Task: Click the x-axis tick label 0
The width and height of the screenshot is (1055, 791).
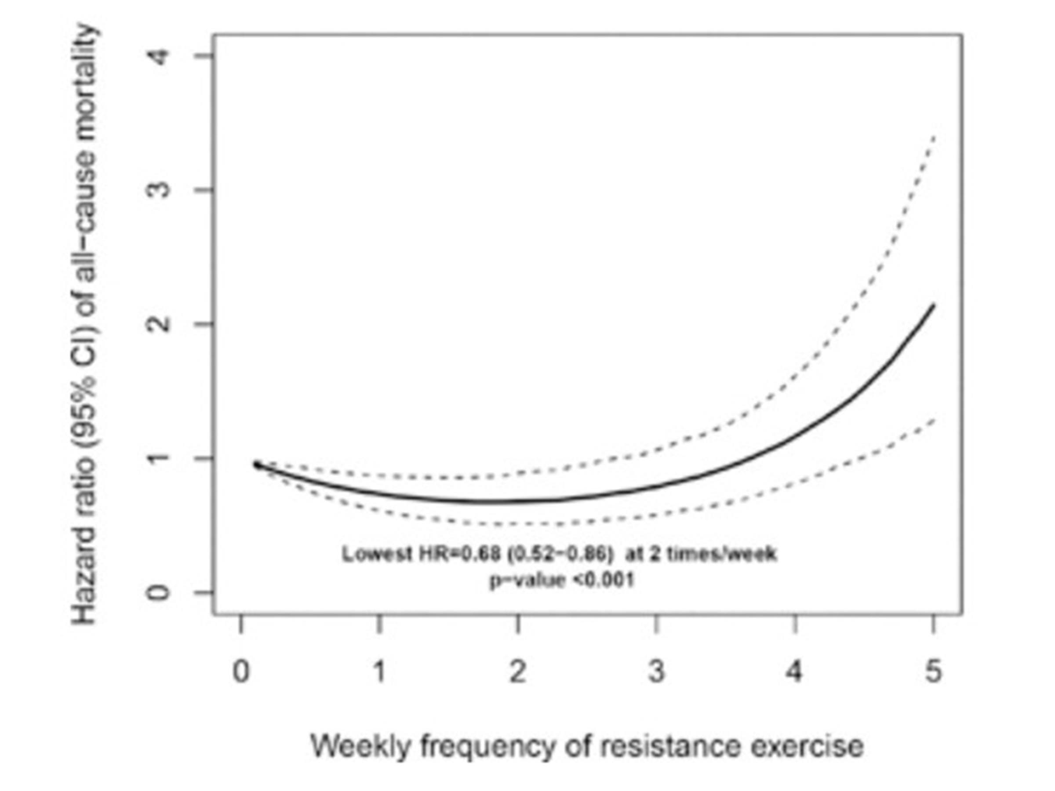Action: pos(241,672)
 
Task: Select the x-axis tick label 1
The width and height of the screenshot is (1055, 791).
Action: pos(380,672)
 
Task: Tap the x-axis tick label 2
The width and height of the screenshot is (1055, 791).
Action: pos(518,672)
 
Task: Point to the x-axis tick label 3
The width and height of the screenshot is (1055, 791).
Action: pos(657,672)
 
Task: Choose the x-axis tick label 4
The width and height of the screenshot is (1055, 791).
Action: pos(795,672)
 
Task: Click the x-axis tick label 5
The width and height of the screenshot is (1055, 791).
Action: pos(933,672)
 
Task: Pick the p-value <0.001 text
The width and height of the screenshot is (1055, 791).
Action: pos(562,580)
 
